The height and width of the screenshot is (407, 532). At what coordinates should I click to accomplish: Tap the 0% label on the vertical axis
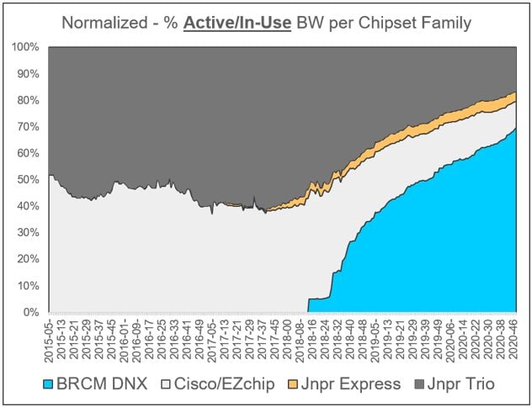point(32,313)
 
